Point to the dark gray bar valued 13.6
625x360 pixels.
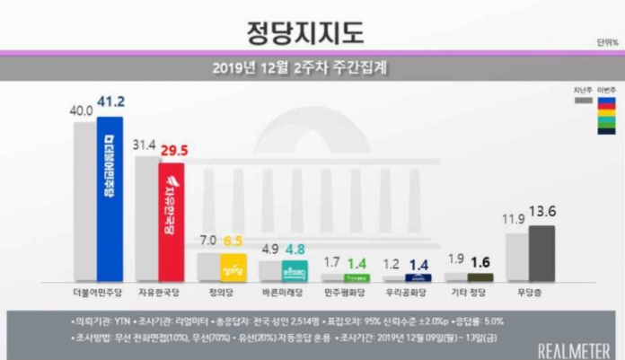(541, 254)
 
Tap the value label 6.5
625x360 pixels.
(233, 241)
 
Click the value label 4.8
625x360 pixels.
(295, 250)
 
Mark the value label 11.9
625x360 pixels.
(515, 220)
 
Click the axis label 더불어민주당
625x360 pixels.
(97, 293)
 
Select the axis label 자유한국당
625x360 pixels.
(160, 293)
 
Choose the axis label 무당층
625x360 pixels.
(529, 293)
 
